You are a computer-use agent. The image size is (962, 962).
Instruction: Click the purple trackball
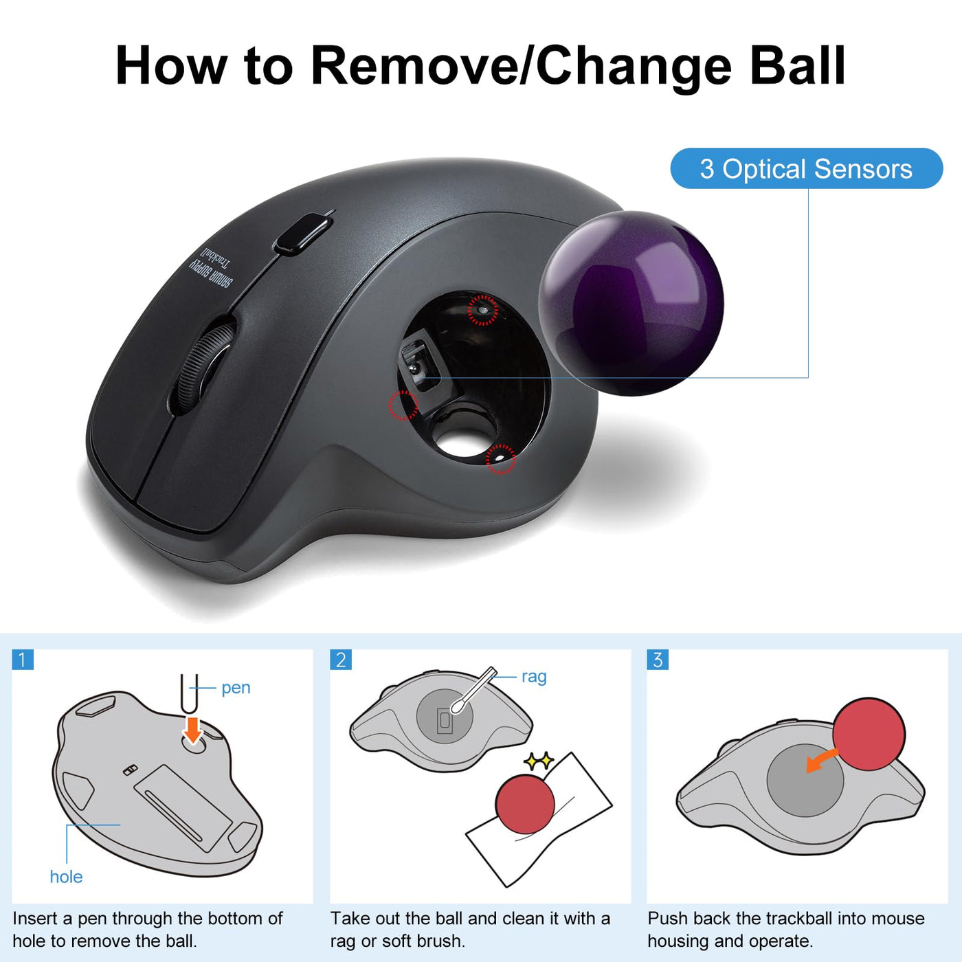click(631, 303)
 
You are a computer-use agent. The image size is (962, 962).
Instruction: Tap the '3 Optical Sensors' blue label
click(806, 168)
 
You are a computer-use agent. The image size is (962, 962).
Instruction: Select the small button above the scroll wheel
click(302, 233)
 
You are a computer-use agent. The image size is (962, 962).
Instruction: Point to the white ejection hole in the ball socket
click(463, 441)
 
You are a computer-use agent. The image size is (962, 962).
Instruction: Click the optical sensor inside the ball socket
click(418, 364)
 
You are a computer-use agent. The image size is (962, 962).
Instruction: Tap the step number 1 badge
click(23, 660)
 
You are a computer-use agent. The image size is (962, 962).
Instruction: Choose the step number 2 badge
click(340, 660)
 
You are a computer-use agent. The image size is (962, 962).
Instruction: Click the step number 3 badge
click(658, 660)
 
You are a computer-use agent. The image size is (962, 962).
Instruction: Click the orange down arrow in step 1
click(192, 730)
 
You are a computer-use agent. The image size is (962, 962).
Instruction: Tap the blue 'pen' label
click(236, 687)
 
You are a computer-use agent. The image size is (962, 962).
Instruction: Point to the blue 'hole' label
click(66, 876)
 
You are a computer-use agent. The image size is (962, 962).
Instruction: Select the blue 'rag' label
click(534, 677)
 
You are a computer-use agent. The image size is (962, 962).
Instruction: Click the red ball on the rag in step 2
click(525, 804)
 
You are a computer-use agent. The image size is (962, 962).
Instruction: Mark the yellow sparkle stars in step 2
click(539, 760)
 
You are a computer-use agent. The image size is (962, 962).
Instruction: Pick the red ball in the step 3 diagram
click(869, 734)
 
